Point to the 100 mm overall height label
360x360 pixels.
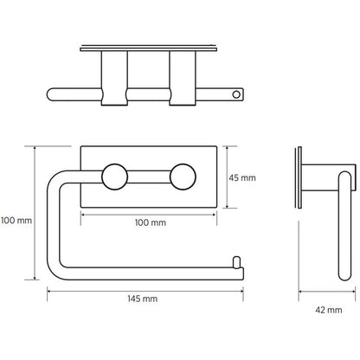click(17, 221)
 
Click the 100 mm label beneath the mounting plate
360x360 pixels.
click(152, 223)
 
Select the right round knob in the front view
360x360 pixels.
click(181, 179)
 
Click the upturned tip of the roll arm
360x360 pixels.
click(237, 260)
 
